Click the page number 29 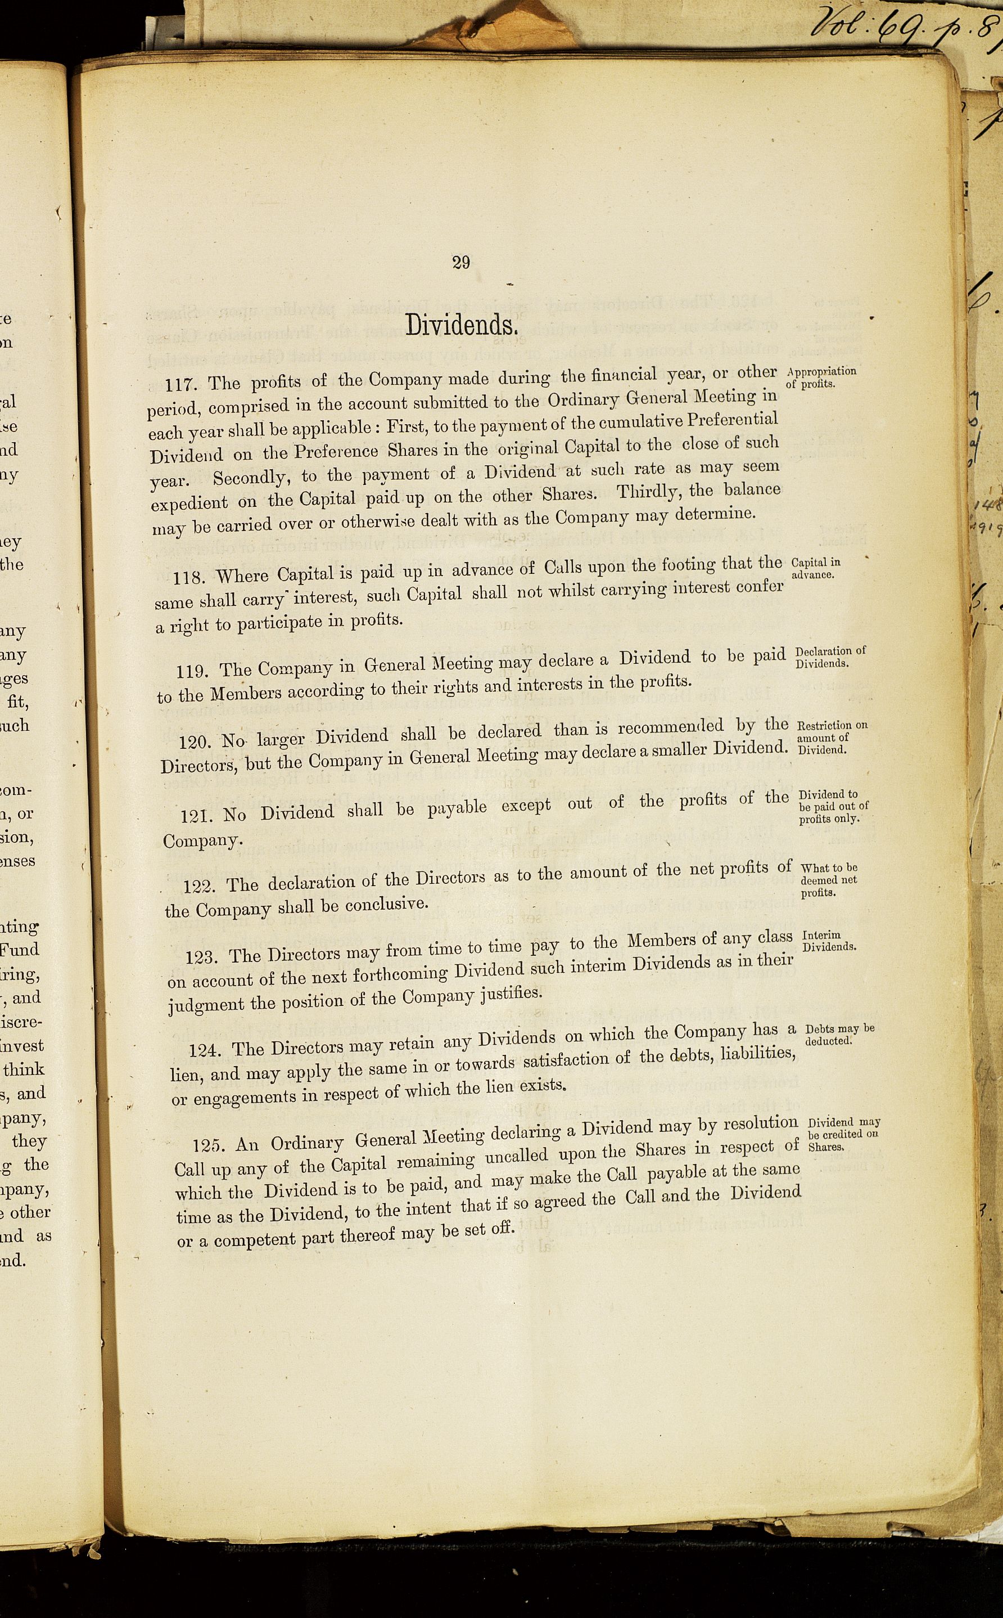(461, 263)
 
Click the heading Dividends (461, 325)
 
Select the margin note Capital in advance (816, 569)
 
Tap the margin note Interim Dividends (829, 941)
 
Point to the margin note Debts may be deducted (839, 1035)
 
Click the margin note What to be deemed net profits (829, 880)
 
